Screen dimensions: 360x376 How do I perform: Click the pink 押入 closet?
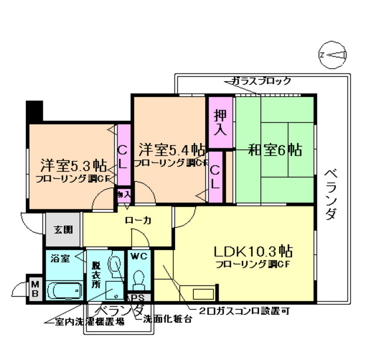pos(220,122)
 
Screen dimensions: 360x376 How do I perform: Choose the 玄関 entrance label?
pos(63,230)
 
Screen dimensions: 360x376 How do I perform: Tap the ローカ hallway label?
pos(139,221)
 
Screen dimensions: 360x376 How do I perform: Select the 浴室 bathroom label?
pos(60,258)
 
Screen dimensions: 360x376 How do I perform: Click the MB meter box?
pos(35,288)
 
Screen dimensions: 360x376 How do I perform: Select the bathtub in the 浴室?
pos(64,291)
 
